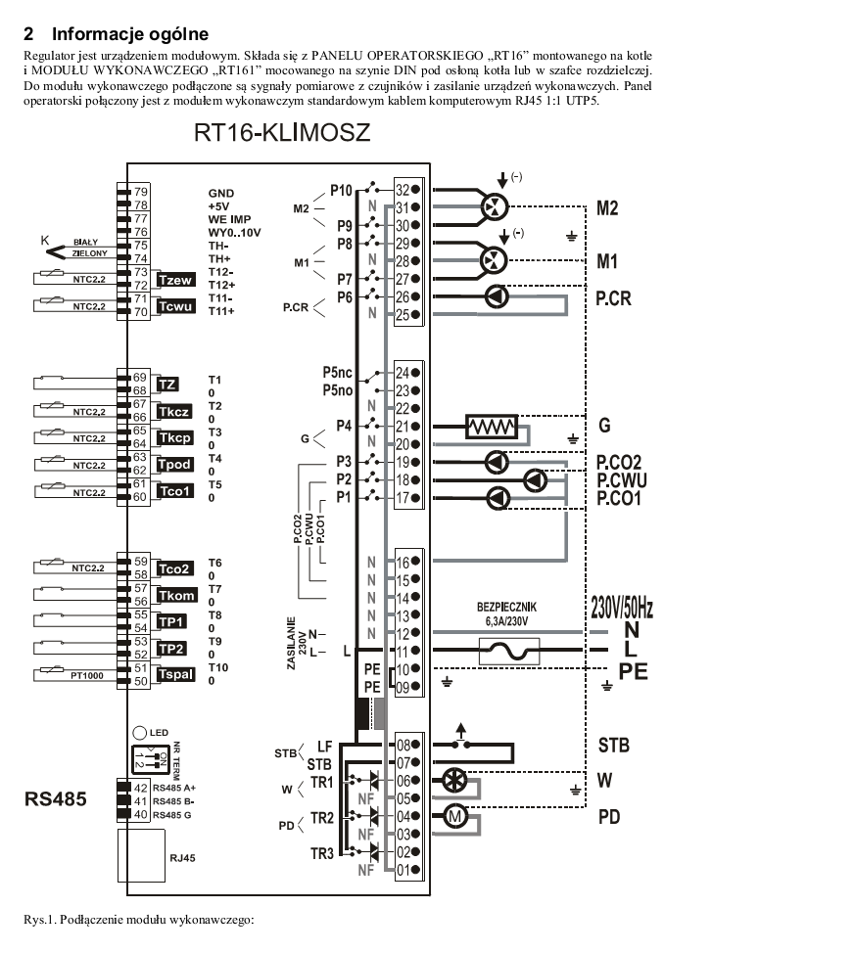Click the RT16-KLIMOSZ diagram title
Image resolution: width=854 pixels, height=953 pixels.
tap(282, 133)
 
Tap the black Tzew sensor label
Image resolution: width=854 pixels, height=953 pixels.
tap(177, 281)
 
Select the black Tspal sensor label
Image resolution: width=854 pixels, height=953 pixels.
tap(176, 674)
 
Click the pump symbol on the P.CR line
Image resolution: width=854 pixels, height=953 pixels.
tap(498, 296)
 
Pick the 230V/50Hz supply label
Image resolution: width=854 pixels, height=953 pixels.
tap(622, 609)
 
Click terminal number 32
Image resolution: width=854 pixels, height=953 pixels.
tap(403, 190)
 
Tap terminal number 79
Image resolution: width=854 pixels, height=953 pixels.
tap(141, 192)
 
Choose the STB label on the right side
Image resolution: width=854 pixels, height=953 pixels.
tap(613, 746)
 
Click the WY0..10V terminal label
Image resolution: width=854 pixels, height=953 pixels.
tap(234, 232)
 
